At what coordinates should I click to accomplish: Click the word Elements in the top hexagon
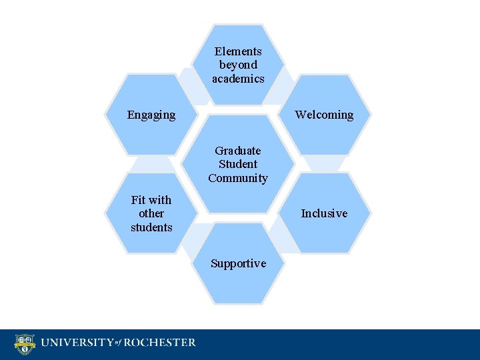click(x=238, y=51)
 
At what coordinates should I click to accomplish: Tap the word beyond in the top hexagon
click(x=238, y=65)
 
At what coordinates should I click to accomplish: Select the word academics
click(x=238, y=79)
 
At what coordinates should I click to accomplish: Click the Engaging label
click(x=151, y=115)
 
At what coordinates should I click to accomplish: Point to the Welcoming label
click(x=324, y=115)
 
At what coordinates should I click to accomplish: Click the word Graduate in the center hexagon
click(x=238, y=151)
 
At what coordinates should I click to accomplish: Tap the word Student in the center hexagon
click(x=238, y=164)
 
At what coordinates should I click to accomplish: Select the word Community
click(x=238, y=178)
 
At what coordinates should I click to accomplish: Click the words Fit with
click(x=151, y=200)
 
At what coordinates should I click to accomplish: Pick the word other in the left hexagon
click(x=151, y=213)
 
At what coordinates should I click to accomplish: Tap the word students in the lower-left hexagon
click(x=151, y=227)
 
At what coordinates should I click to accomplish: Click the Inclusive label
click(x=324, y=213)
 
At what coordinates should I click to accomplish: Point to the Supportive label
click(x=238, y=263)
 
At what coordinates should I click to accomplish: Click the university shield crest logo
click(x=25, y=344)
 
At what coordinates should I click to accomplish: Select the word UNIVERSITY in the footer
click(x=75, y=343)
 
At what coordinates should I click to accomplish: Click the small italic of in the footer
click(x=118, y=344)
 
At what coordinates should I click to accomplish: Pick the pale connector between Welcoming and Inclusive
click(x=323, y=163)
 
